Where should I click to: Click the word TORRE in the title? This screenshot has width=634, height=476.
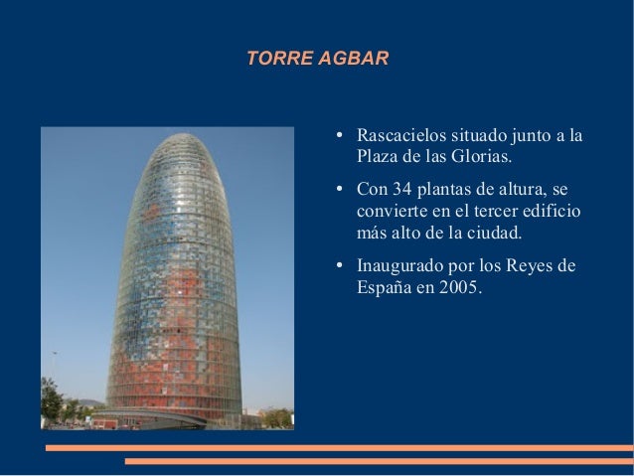[x=279, y=59]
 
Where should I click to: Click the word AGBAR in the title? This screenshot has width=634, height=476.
[x=354, y=59]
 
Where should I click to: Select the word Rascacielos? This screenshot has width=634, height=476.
[x=401, y=135]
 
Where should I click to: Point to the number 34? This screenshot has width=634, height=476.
[x=401, y=189]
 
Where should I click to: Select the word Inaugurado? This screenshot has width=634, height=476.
[x=399, y=266]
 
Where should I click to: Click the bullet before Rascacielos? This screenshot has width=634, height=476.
[x=339, y=135]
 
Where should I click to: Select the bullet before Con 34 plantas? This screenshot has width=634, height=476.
[x=339, y=189]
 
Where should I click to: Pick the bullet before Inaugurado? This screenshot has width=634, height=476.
[x=339, y=265]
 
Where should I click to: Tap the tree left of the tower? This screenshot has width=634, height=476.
[x=51, y=400]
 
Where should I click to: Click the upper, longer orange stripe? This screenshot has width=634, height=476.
[x=340, y=448]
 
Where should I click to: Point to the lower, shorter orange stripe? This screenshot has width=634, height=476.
[x=380, y=461]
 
